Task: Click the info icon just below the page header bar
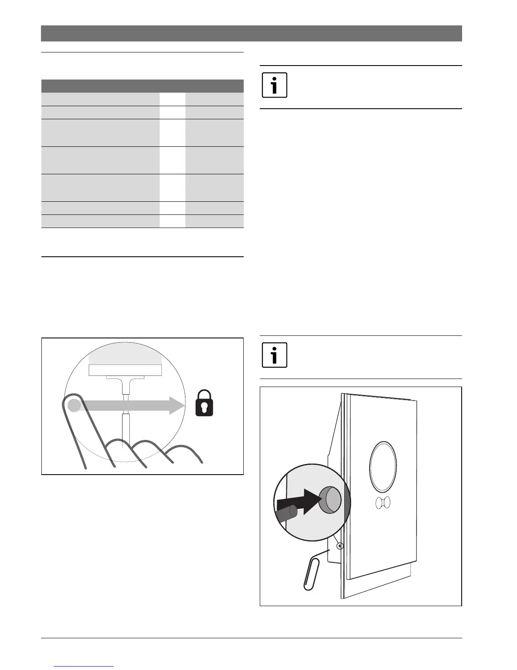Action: [x=275, y=85]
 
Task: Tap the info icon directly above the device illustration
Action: [x=275, y=355]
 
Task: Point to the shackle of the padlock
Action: [x=204, y=395]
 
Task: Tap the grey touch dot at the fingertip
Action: [x=74, y=406]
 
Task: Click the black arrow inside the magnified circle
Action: [x=300, y=502]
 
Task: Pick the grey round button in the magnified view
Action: [x=330, y=500]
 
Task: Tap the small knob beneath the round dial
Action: [x=383, y=502]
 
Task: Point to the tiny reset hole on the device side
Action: [x=339, y=546]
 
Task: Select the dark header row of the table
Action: [x=142, y=86]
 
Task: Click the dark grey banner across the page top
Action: [x=251, y=33]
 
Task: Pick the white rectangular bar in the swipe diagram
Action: [x=125, y=370]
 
